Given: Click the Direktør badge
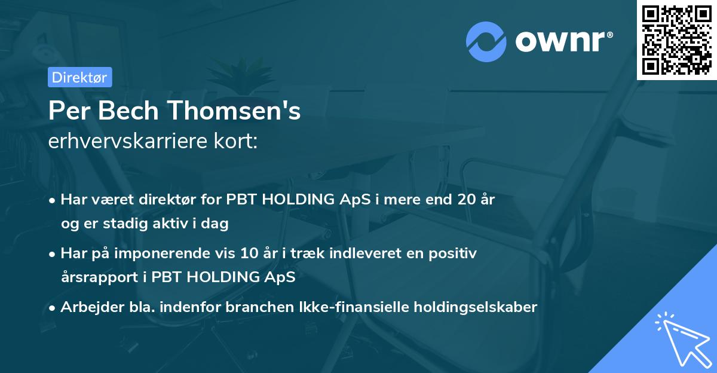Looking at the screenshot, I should (79, 77).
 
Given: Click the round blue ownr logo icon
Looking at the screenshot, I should (486, 41).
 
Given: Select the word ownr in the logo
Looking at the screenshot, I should (563, 41).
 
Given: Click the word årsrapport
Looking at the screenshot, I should (100, 277).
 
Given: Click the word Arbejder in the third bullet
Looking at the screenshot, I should (87, 307).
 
